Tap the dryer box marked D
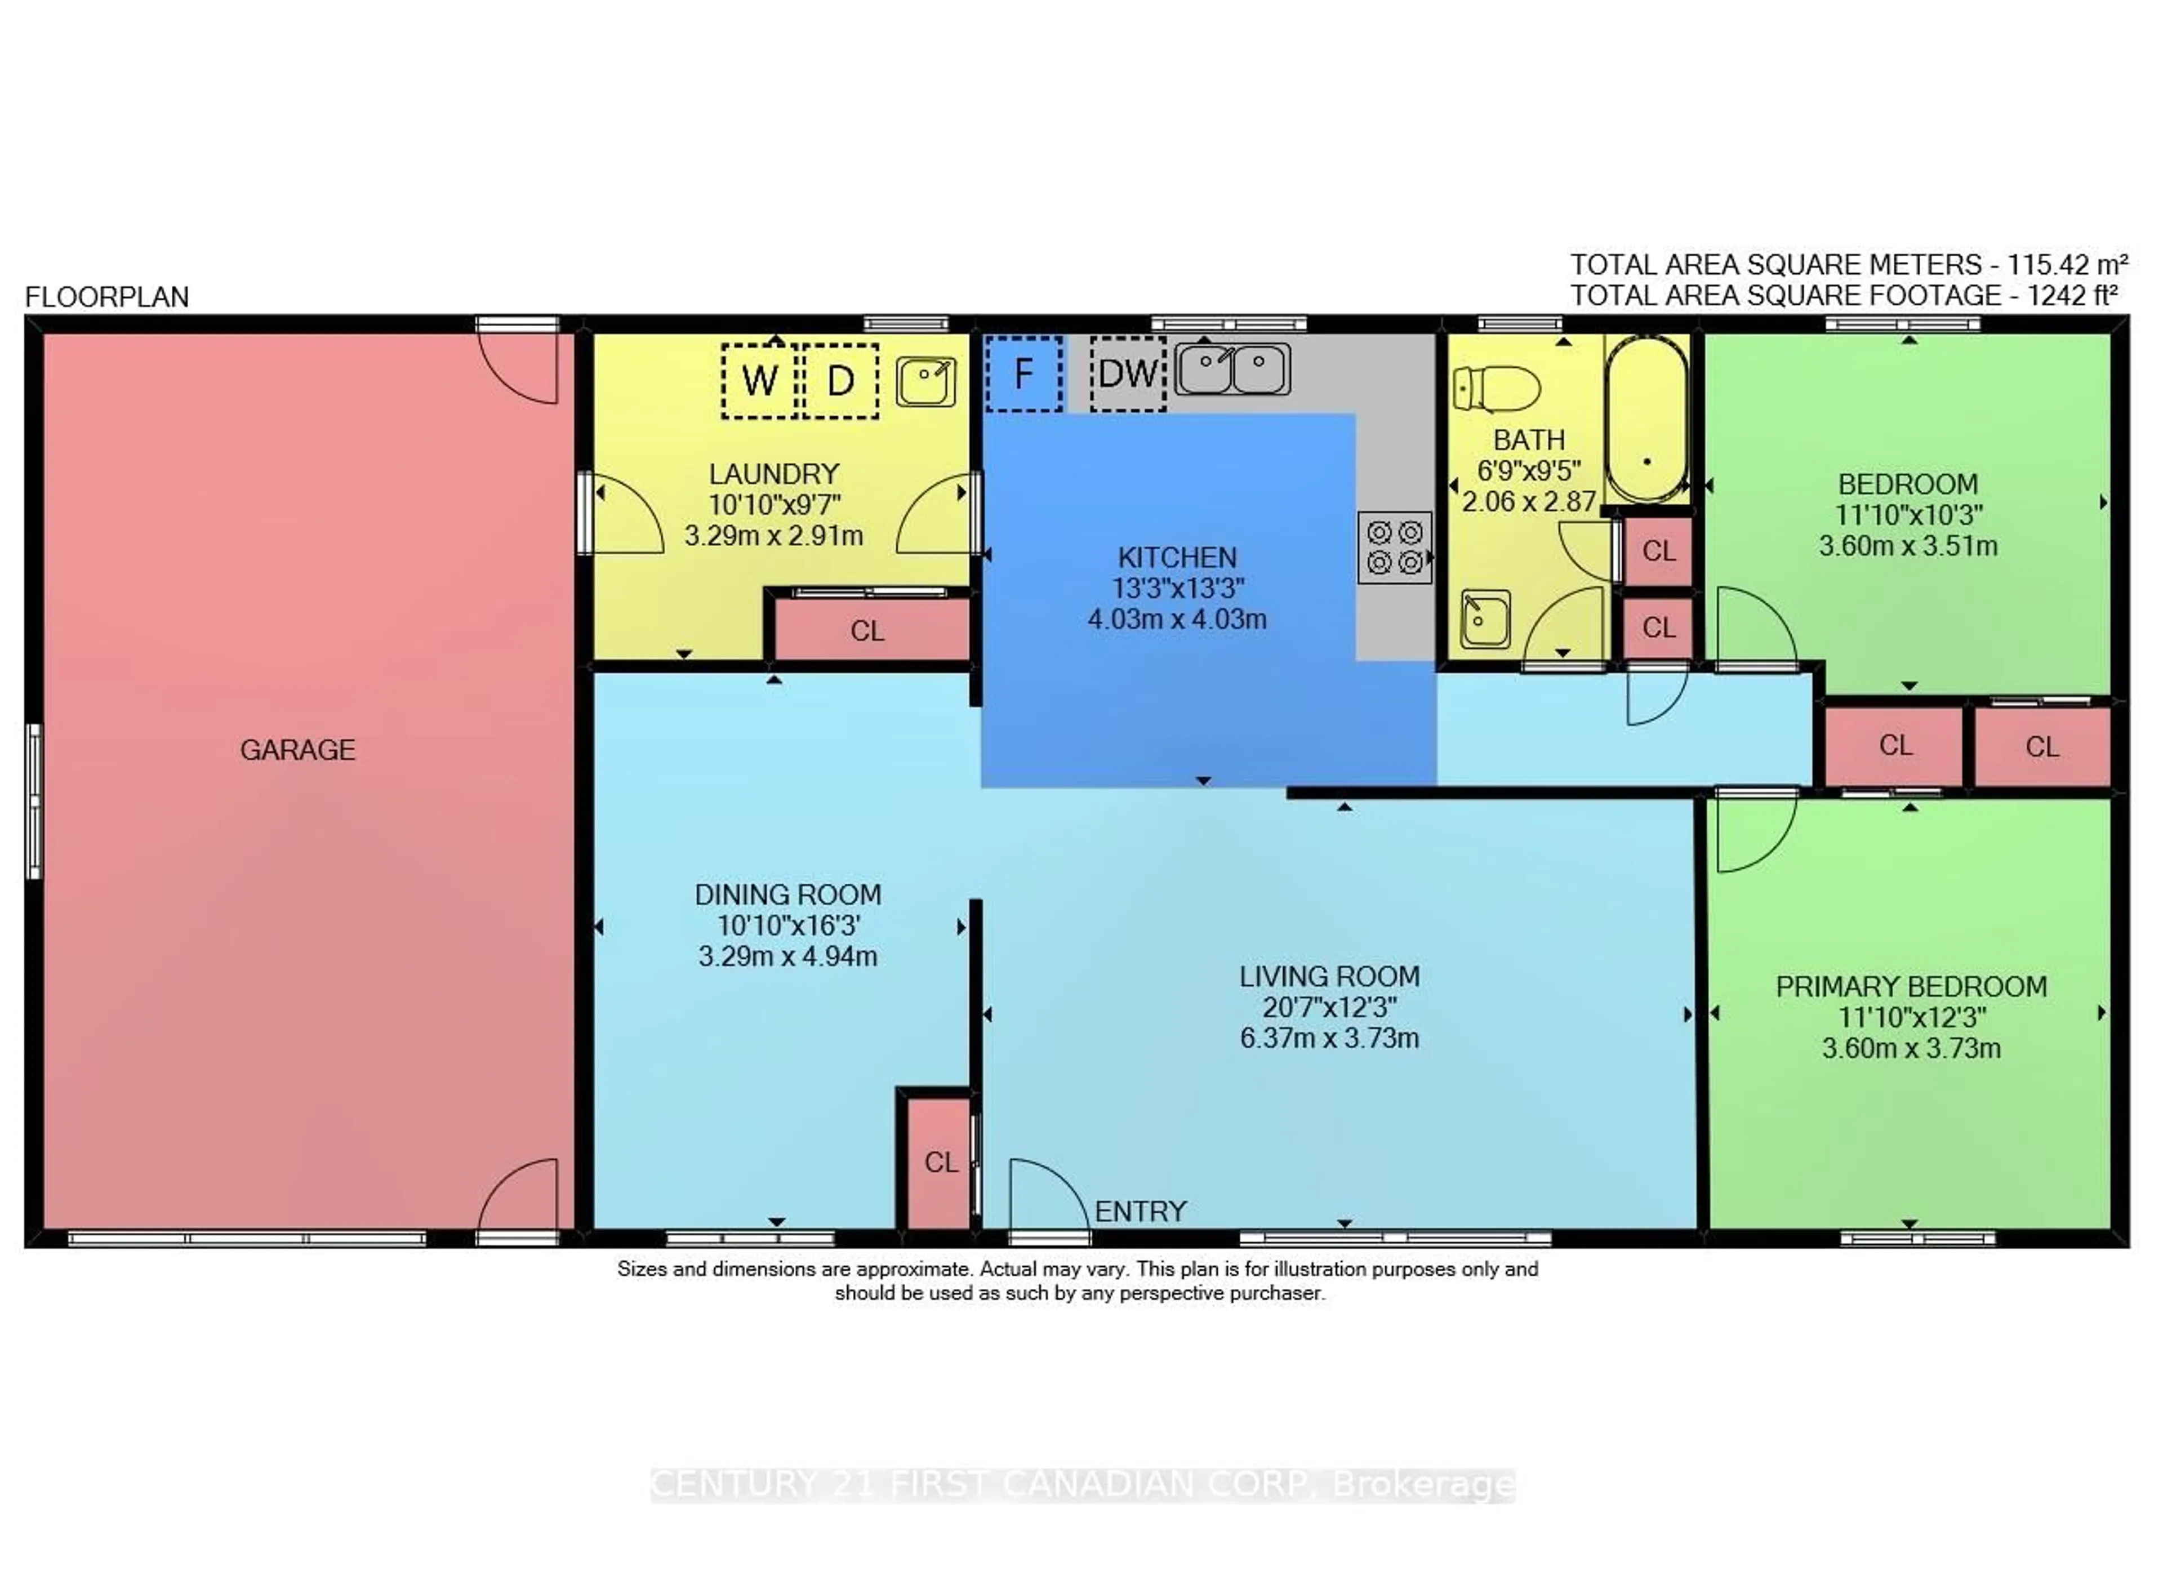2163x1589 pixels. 840,381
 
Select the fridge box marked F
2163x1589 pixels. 1024,373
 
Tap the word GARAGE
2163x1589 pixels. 298,749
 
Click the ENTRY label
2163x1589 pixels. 1141,1211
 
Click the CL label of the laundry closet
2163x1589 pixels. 866,631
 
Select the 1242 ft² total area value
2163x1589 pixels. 2073,295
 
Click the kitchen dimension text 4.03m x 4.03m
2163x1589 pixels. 1177,618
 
